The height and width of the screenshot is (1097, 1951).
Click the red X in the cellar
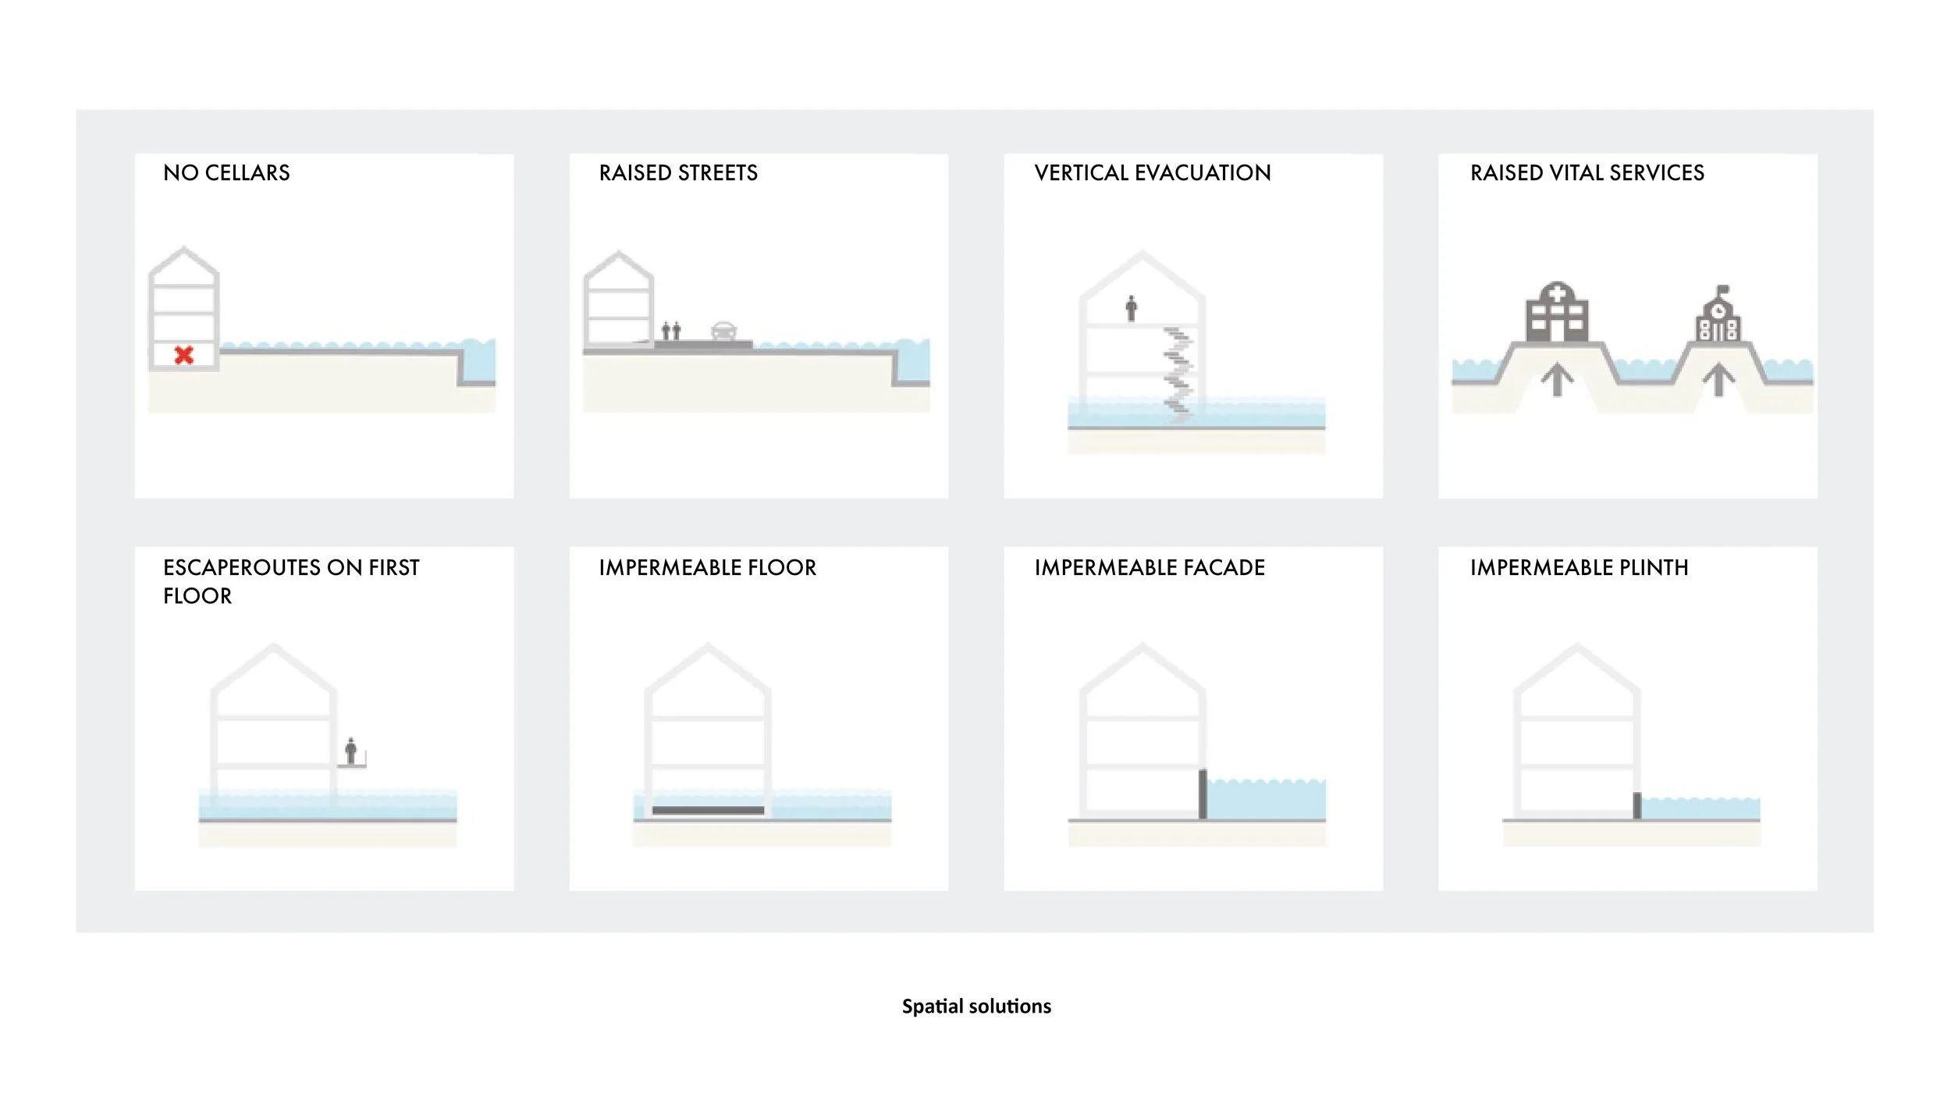184,356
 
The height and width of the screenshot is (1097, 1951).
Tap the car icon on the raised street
723,331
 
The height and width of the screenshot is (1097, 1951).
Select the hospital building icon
1557,313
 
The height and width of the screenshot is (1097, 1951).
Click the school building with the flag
1718,316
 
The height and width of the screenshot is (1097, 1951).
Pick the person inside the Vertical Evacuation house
1131,308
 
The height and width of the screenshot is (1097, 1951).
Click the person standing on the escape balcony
351,751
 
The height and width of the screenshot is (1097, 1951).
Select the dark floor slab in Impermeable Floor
708,811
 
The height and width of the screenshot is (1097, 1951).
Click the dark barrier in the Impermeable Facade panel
1203,794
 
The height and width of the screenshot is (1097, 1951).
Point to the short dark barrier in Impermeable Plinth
1637,806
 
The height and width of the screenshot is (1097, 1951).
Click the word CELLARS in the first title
247,173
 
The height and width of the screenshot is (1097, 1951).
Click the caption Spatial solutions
976,1006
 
